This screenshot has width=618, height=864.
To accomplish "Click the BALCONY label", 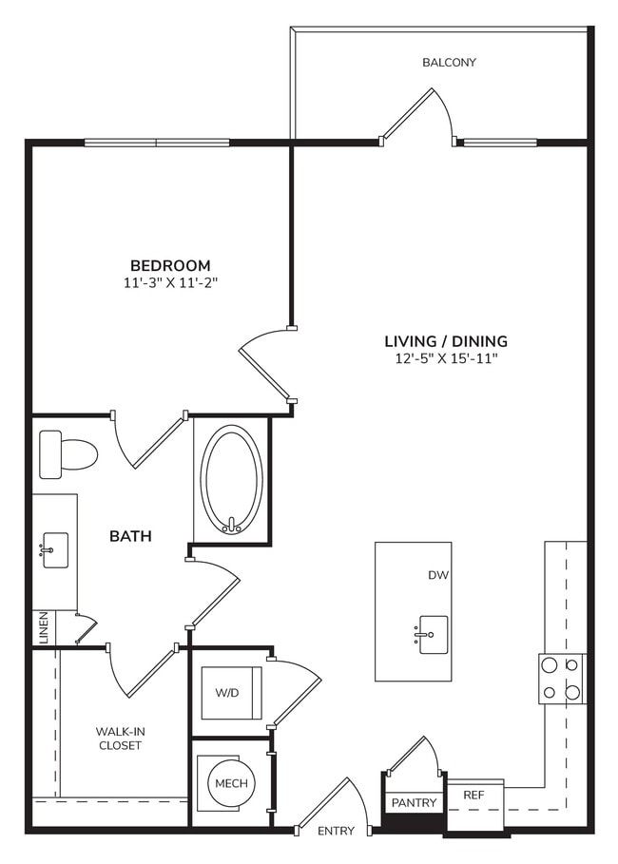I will (449, 63).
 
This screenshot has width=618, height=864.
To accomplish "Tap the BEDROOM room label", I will (170, 265).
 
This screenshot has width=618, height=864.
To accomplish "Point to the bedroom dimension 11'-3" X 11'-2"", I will (170, 282).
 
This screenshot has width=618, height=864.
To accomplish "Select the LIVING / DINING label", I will (445, 341).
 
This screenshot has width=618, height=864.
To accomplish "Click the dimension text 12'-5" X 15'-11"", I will (445, 358).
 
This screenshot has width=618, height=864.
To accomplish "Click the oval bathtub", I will (231, 479).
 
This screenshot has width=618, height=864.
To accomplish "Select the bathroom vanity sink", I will (55, 550).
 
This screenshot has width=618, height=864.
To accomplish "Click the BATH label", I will (130, 536).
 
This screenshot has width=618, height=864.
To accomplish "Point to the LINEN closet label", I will (43, 626).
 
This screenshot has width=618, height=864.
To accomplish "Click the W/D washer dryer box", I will (231, 693).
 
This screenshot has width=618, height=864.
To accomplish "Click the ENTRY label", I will (336, 832).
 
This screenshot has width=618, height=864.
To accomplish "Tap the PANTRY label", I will (415, 803).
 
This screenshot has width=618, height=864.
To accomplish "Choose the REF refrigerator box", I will (474, 795).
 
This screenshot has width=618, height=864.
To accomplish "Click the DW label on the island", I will (438, 575).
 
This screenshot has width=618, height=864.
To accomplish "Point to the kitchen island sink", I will (433, 633).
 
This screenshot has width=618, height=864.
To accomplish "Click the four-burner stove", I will (562, 679).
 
